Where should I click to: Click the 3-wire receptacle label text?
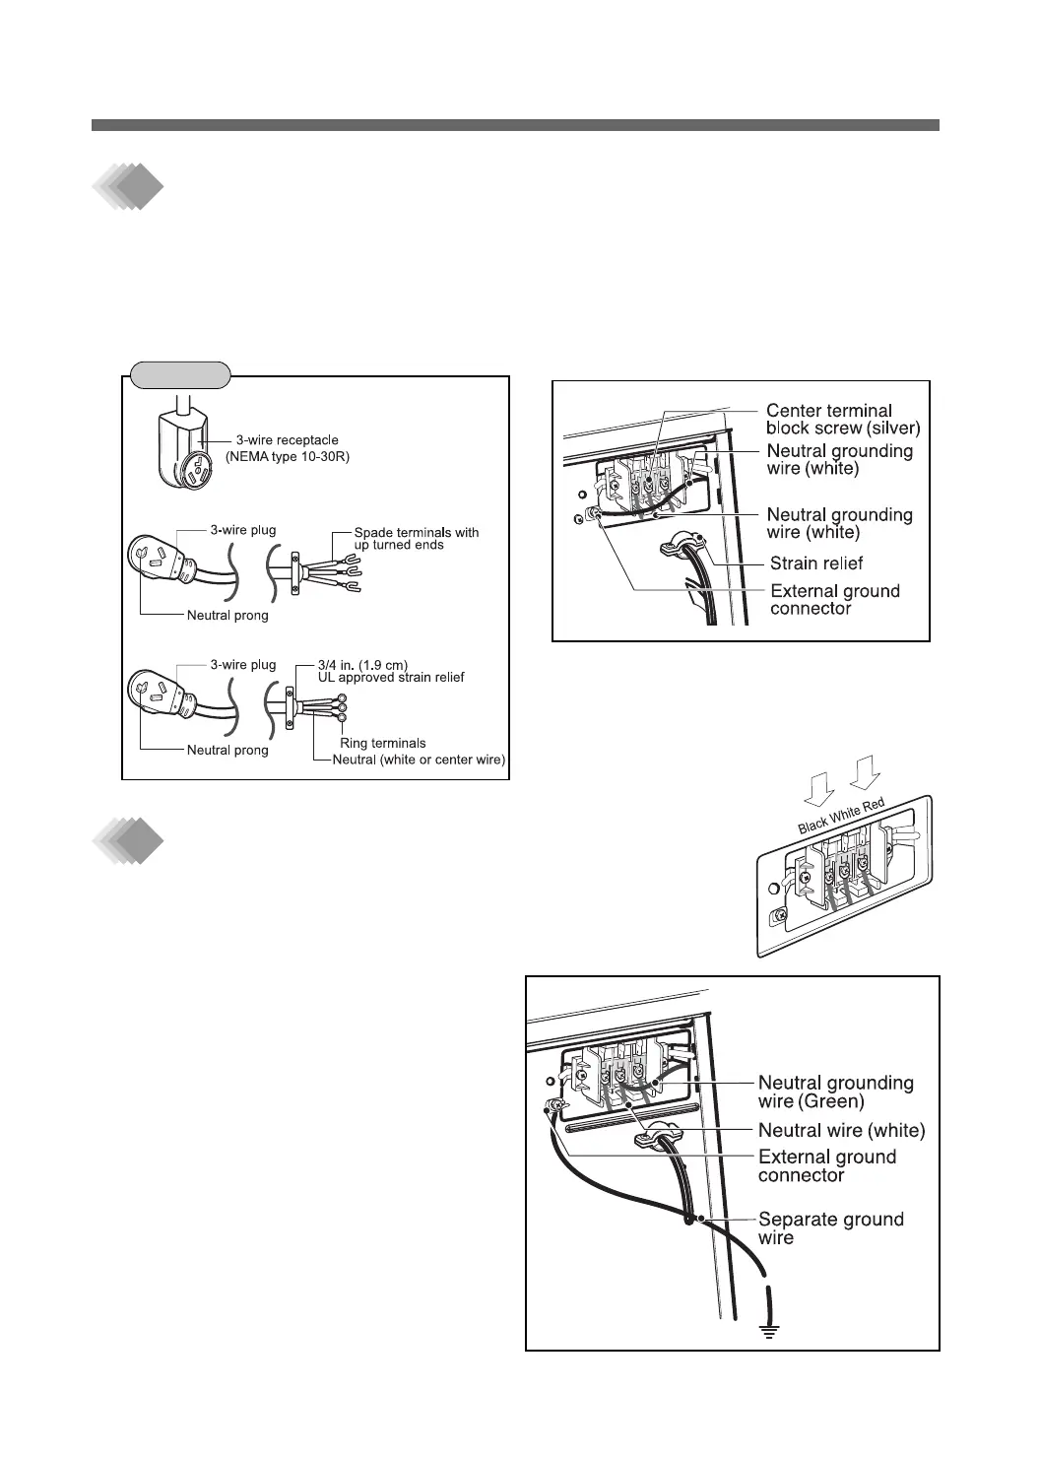pyautogui.click(x=287, y=440)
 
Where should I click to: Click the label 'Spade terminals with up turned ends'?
pyautogui.click(x=416, y=539)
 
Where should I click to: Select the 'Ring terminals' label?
pyautogui.click(x=382, y=743)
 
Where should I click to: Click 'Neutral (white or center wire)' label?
pyautogui.click(x=419, y=760)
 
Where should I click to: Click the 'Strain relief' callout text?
pyautogui.click(x=816, y=563)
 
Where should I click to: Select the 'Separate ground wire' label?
pyautogui.click(x=830, y=1227)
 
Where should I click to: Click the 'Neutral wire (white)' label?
pyautogui.click(x=841, y=1130)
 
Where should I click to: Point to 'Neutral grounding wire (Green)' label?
pyautogui.click(x=835, y=1091)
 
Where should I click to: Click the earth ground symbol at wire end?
pyautogui.click(x=769, y=1332)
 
